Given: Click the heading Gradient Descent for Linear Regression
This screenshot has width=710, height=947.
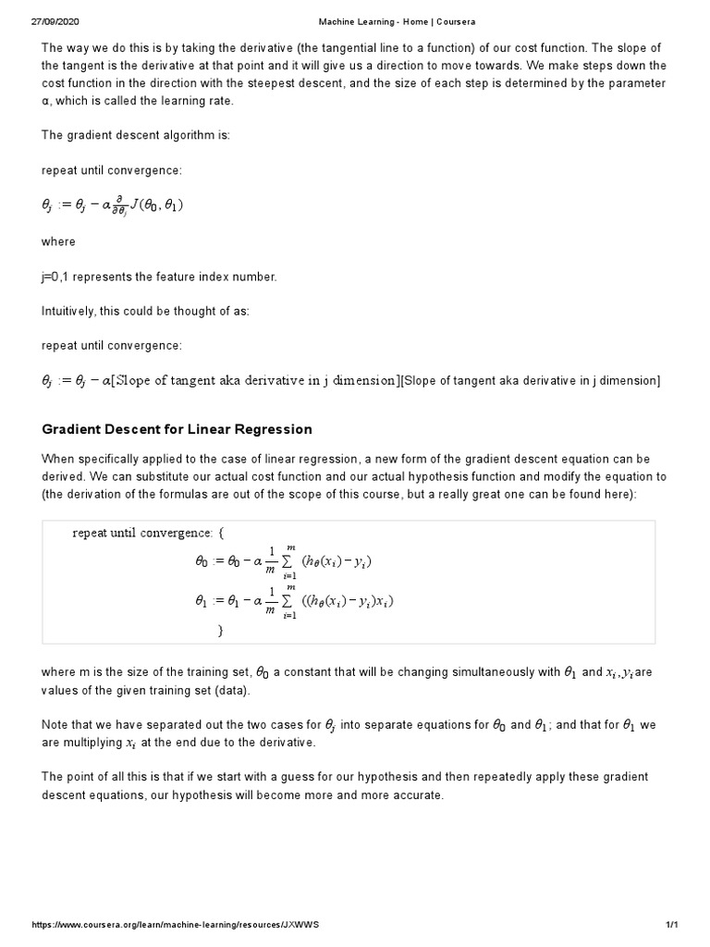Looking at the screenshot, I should click(177, 429).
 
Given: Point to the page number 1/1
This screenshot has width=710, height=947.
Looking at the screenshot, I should click(672, 925).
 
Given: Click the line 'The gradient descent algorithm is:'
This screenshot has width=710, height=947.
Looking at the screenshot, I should click(135, 135).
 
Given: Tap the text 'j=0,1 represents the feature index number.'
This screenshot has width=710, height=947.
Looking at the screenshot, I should click(159, 277).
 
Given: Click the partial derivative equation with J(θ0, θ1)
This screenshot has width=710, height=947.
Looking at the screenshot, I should click(113, 205).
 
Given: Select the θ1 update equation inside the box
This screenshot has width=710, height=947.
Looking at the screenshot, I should click(293, 601).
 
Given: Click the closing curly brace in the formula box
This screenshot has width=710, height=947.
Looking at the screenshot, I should click(220, 630).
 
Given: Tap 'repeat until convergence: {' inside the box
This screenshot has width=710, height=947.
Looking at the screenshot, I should click(148, 533).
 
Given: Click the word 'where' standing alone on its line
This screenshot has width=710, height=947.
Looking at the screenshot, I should click(58, 241).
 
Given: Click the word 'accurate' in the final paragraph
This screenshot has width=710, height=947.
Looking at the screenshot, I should click(420, 793).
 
